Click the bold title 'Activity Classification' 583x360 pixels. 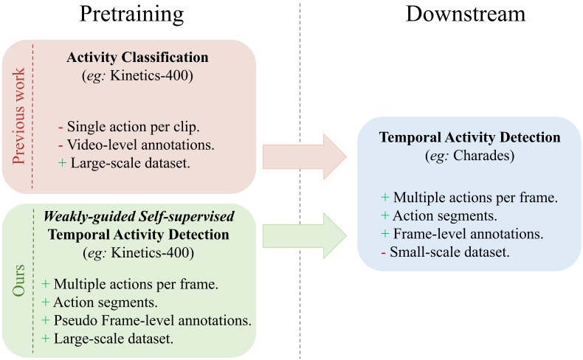pyautogui.click(x=138, y=58)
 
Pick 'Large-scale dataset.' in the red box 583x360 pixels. pyautogui.click(x=118, y=163)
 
